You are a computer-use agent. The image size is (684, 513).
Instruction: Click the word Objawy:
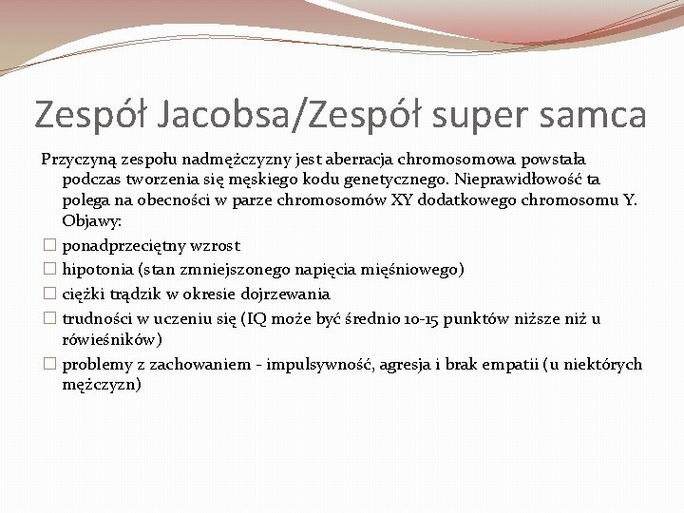coord(92,221)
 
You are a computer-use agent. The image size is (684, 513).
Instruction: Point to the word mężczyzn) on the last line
coord(102,385)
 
